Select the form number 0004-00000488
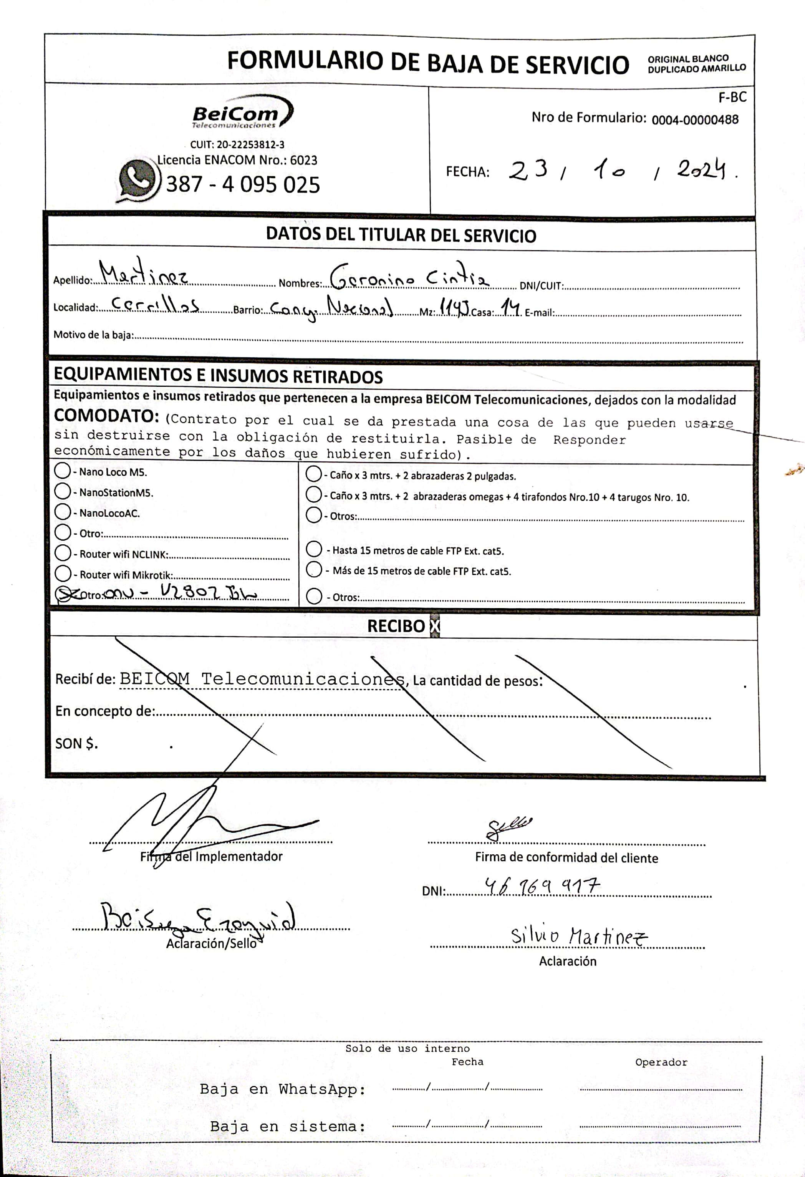pos(695,120)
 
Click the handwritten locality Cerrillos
pos(154,305)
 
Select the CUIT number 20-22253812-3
pos(251,145)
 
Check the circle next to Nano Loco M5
pos(62,471)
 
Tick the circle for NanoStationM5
pos(62,491)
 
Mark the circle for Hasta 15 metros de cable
pos(314,549)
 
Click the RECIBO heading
pos(396,626)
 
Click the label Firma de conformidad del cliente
pos(566,858)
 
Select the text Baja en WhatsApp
pos(283,1089)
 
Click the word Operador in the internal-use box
pos(661,1062)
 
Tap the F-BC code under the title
pos(732,97)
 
